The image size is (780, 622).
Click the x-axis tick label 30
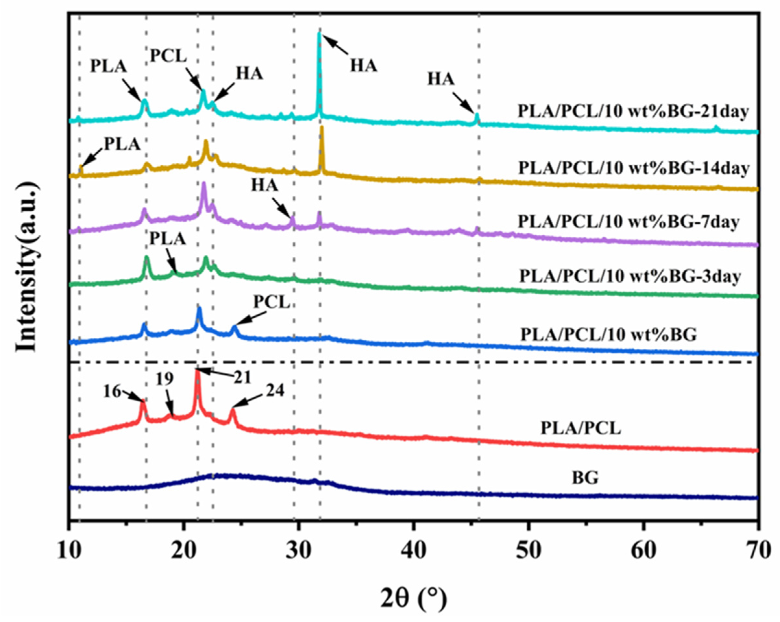(298, 550)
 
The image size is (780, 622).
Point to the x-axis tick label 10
(69, 550)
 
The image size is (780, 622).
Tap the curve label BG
(585, 477)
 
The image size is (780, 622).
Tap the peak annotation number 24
(275, 391)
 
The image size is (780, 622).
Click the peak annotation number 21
(242, 378)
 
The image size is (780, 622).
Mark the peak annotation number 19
(165, 379)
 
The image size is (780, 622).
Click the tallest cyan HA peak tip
(319, 34)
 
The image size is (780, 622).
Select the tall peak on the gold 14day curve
(322, 127)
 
